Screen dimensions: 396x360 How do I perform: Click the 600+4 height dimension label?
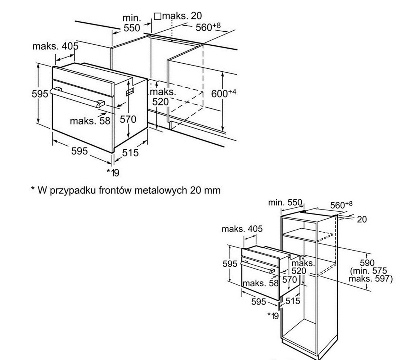coord(224,93)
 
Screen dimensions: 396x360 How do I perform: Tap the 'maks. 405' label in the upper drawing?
coord(55,46)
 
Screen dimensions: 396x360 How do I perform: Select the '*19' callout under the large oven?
coord(113,172)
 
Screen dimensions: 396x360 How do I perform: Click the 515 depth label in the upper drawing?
coord(131,152)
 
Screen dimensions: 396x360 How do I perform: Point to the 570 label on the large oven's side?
coord(128,119)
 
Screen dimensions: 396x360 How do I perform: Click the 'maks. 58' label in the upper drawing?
coord(90,121)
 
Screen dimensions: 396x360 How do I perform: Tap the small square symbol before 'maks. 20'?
coord(157,17)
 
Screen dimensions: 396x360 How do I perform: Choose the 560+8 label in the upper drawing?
coord(208,27)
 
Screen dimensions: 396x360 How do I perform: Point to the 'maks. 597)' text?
coord(370,279)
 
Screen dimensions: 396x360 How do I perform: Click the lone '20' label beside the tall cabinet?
coord(362,219)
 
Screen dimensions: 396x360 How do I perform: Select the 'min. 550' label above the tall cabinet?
coord(285,202)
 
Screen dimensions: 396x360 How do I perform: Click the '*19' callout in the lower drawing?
coord(273,315)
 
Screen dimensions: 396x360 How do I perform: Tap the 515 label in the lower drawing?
coord(293,301)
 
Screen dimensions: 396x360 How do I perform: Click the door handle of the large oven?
coord(77,97)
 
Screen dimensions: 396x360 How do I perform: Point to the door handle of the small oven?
coord(258,267)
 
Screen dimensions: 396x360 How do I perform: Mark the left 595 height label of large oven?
coord(40,94)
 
